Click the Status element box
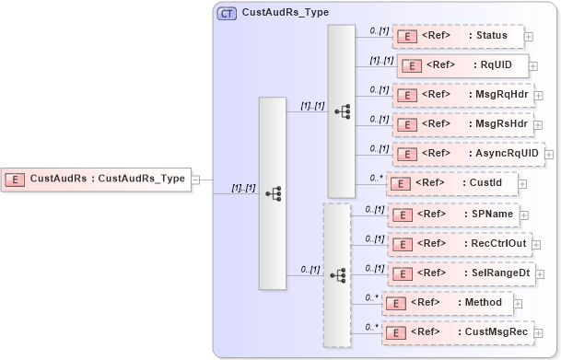(x=458, y=37)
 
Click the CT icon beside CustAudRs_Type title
(x=227, y=13)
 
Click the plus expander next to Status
(x=529, y=37)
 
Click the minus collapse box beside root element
(x=196, y=180)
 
